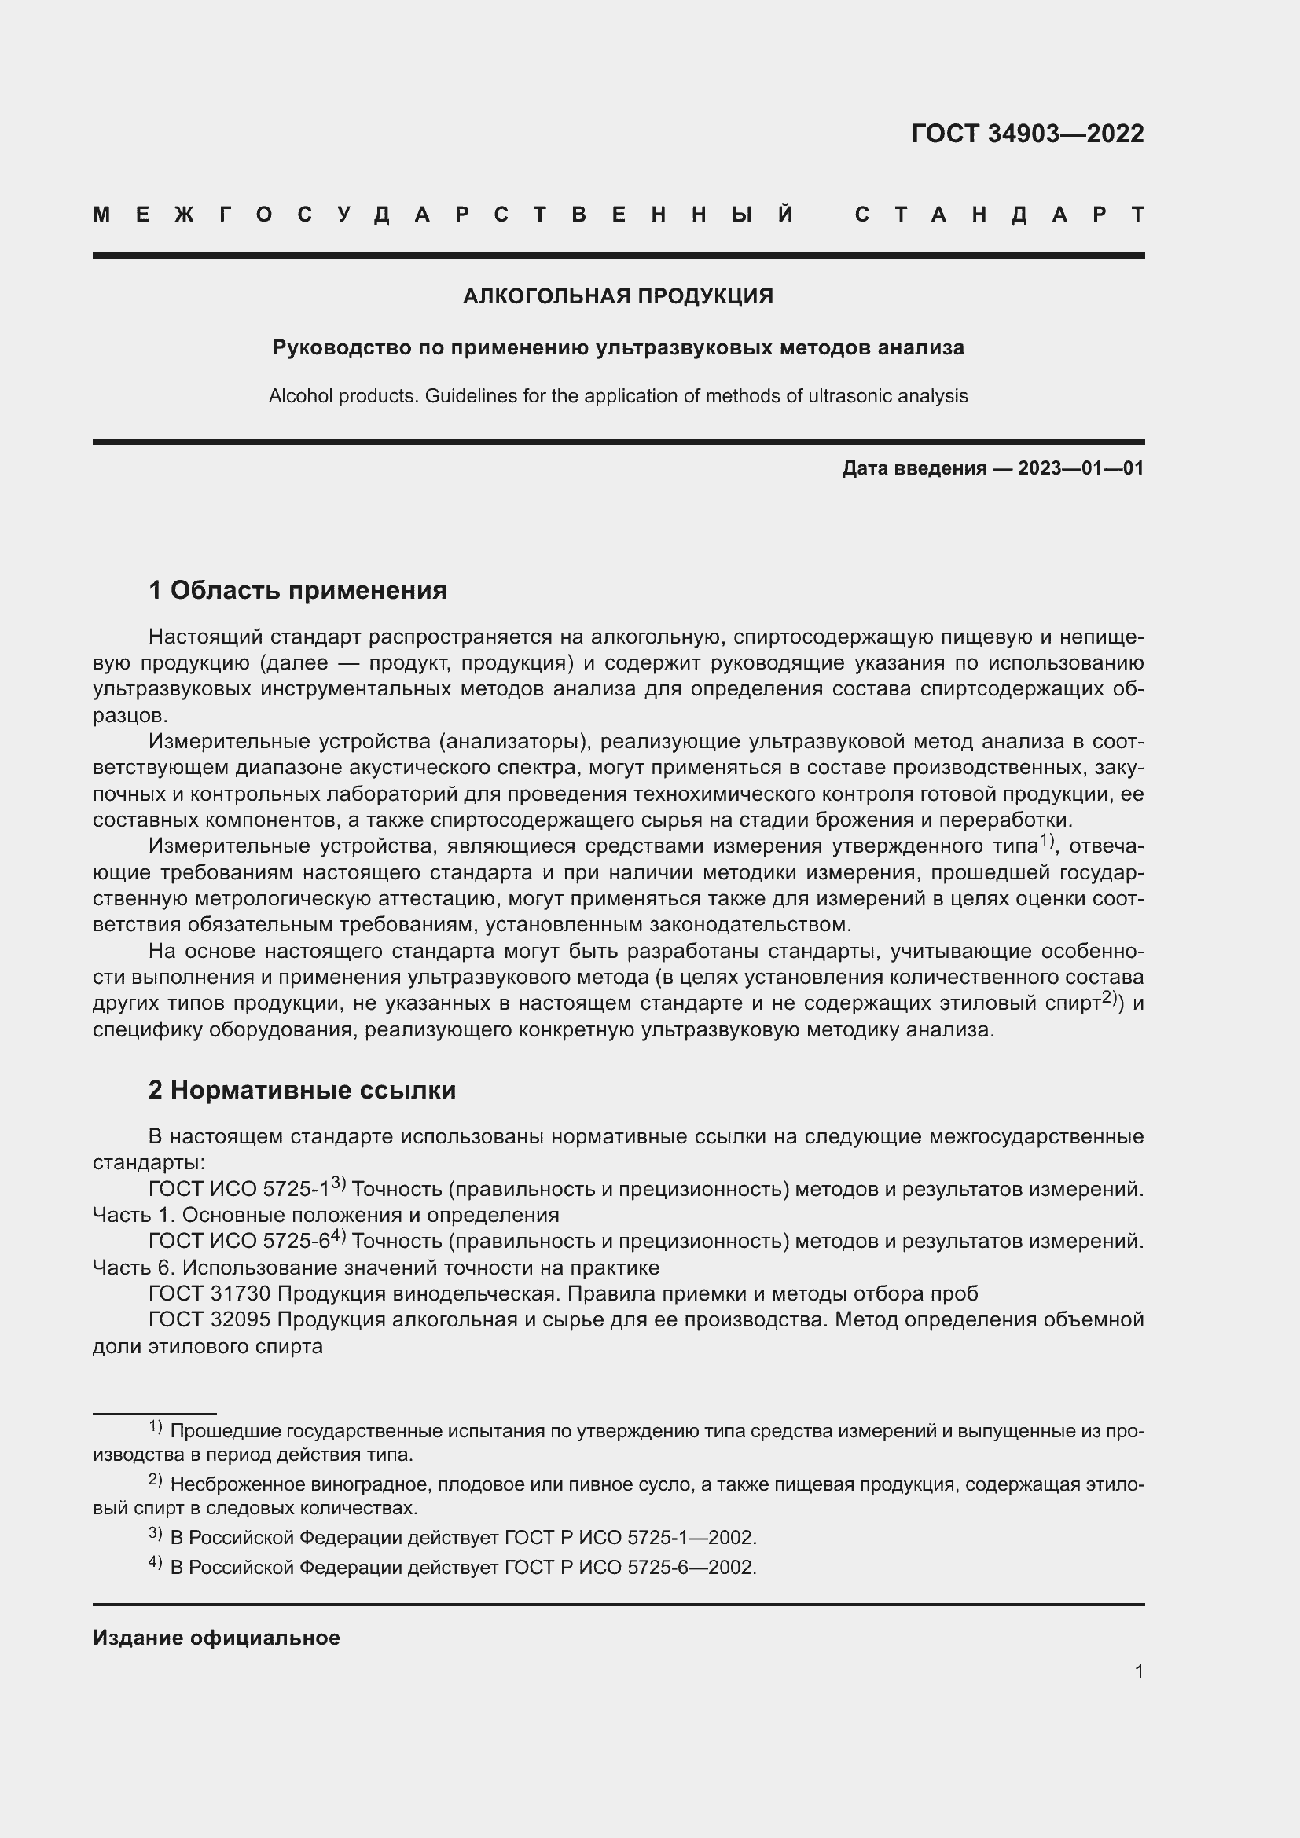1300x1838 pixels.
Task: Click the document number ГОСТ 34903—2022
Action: pyautogui.click(x=1027, y=133)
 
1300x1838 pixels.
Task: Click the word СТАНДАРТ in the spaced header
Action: pyautogui.click(x=999, y=215)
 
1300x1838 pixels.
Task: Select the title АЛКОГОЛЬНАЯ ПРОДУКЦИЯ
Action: pyautogui.click(x=618, y=296)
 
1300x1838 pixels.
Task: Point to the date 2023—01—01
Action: pyautogui.click(x=1080, y=468)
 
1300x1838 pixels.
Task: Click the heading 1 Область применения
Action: pyautogui.click(x=298, y=590)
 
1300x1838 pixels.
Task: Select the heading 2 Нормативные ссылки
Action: pyautogui.click(x=302, y=1089)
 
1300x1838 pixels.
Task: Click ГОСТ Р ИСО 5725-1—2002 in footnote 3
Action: pyautogui.click(x=630, y=1537)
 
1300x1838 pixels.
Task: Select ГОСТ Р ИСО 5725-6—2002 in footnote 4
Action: pyautogui.click(x=630, y=1567)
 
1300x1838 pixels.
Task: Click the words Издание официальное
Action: pyautogui.click(x=216, y=1637)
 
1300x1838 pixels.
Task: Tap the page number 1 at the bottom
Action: pyautogui.click(x=1138, y=1671)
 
